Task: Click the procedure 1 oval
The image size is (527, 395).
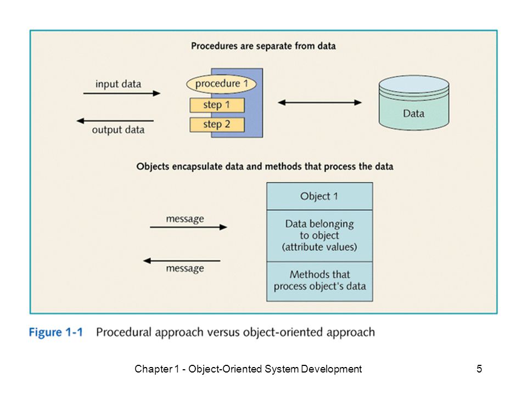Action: (221, 83)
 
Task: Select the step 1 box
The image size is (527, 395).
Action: (217, 105)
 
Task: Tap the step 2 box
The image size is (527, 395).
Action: (217, 125)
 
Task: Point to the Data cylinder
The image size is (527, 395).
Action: (414, 103)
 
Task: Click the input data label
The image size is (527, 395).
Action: (118, 84)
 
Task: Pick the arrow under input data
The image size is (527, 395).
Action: (122, 93)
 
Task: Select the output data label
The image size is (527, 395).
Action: (118, 129)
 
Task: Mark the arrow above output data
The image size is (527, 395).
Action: (115, 121)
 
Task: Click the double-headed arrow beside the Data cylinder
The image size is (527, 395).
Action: (319, 103)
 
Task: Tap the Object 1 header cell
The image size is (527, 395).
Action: (319, 196)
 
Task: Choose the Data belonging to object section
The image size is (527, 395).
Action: (319, 236)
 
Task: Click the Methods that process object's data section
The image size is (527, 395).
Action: (319, 281)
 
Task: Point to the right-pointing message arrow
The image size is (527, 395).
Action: (188, 227)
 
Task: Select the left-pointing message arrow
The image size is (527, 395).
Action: (182, 261)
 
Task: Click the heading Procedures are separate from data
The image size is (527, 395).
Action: (263, 46)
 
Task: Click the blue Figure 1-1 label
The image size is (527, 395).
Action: (56, 332)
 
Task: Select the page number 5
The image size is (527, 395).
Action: (479, 369)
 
